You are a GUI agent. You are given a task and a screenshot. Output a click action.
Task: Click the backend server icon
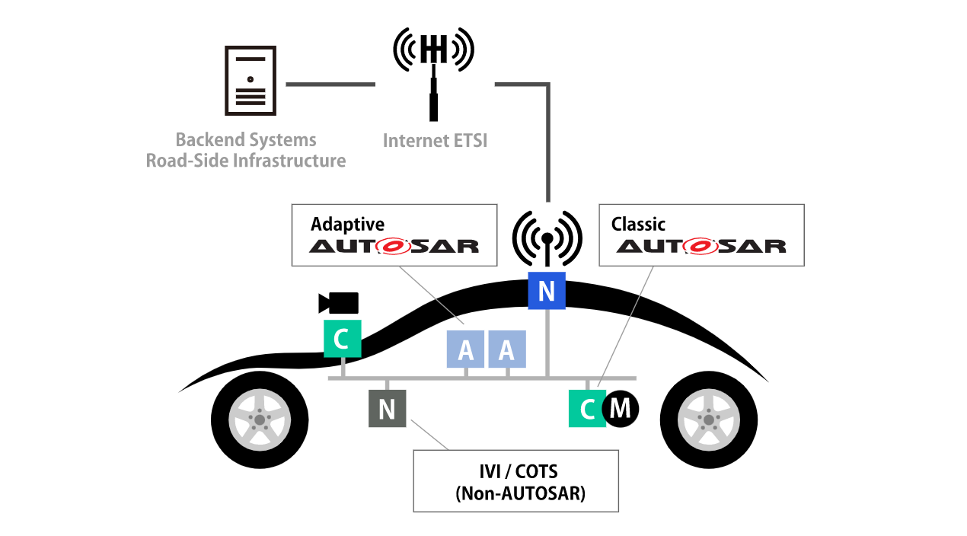[x=250, y=81]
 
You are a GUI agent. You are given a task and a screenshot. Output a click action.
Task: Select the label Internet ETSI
[x=435, y=141]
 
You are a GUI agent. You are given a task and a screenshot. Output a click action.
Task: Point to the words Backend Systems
[x=246, y=140]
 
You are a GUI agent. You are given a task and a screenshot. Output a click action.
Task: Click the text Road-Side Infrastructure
[x=246, y=161]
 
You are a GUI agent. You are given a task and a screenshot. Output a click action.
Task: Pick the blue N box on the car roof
[x=547, y=291]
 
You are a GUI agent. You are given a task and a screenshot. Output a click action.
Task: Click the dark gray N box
[x=387, y=409]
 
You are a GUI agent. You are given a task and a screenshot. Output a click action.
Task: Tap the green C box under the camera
[x=342, y=339]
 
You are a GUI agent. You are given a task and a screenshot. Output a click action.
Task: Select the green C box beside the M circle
[x=587, y=409]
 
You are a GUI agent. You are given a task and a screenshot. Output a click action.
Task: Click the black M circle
[x=621, y=409]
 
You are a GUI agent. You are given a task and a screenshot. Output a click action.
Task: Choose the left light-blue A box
[x=466, y=349]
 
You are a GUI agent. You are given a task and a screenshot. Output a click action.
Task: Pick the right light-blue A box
[x=506, y=349]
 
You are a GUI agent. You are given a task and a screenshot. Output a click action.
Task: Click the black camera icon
[x=339, y=303]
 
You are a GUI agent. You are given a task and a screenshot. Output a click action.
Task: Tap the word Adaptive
[x=347, y=225]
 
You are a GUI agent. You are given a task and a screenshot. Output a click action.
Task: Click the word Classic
[x=638, y=225]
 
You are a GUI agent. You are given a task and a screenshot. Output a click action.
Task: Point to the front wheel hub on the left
[x=260, y=420]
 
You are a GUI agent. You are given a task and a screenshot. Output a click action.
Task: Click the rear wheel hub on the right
[x=708, y=420]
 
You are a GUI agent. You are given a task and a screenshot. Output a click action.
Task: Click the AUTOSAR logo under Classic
[x=701, y=247]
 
